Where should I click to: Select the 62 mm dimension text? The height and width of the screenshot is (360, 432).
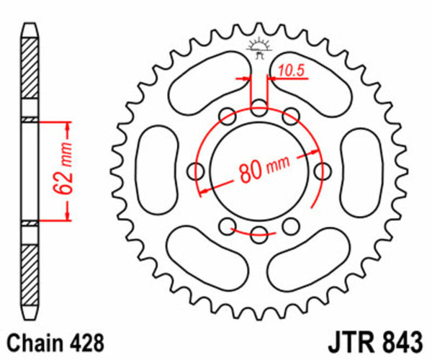[x=60, y=170]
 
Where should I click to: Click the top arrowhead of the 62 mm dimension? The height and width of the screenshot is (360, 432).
[x=68, y=126]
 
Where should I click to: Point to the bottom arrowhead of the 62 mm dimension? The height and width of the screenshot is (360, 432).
[x=68, y=215]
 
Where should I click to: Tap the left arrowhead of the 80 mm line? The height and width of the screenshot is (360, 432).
[x=204, y=190]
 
